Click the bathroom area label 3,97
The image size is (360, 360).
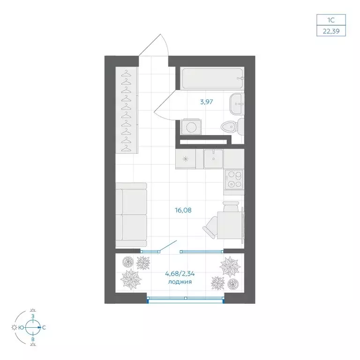206,102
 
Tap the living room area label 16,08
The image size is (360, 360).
183,210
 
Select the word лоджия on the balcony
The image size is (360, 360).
180,282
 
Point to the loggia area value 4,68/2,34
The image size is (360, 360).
180,274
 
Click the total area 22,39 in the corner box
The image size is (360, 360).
331,31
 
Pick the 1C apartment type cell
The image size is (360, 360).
331,20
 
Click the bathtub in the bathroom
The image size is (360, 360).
212,78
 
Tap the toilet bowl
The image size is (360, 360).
232,127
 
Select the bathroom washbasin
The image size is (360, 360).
236,104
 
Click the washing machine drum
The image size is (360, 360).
191,127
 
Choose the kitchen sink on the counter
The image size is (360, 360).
213,158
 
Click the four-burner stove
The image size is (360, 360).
234,180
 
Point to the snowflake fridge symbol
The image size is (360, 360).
185,158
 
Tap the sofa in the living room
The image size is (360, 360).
131,215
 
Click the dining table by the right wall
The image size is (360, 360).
230,225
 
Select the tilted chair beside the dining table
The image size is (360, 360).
210,226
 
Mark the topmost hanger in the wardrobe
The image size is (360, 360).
126,74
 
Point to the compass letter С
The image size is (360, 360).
44,328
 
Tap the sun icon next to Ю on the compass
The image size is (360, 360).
14,327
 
